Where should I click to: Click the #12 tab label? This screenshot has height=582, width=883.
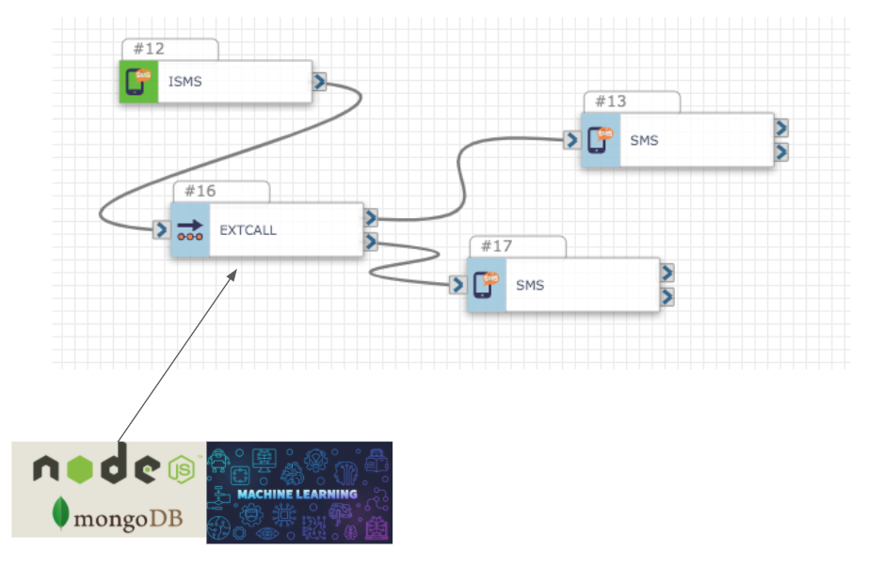point(150,49)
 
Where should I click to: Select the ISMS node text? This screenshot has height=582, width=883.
point(185,82)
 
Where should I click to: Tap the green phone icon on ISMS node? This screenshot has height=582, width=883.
point(138,82)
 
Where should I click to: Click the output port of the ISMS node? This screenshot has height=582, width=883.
point(319,82)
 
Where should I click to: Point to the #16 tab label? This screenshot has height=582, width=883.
point(201,191)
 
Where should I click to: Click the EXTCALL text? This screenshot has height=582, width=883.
point(248,230)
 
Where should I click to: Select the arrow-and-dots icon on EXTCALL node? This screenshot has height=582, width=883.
point(190,230)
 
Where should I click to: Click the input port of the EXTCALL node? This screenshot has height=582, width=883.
point(161,229)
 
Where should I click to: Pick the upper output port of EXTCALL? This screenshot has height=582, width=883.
point(371,217)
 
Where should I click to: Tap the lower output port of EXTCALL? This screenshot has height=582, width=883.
point(371,242)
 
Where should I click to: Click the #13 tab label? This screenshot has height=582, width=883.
point(611,102)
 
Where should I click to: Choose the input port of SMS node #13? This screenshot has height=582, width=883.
point(571,140)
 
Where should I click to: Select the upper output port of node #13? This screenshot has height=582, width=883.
point(781,128)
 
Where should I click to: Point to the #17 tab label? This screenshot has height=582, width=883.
point(497,246)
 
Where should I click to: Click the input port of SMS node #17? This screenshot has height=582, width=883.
point(458,285)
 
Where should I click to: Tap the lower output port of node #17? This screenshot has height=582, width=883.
point(666,297)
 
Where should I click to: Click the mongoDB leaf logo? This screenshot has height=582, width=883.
point(60,512)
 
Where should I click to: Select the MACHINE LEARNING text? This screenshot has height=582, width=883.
point(297,495)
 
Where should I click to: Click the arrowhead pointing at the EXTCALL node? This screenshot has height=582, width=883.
point(233,275)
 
